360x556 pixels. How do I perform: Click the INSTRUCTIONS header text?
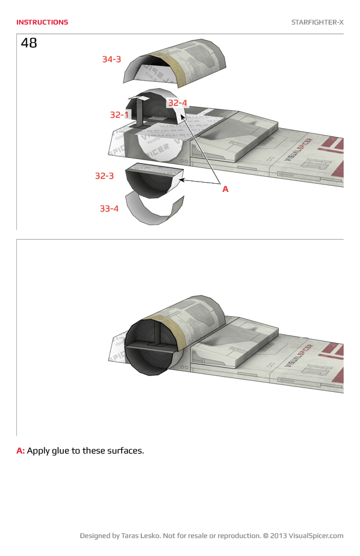coord(42,22)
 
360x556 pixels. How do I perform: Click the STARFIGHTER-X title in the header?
coord(317,22)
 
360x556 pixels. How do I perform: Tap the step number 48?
coord(29,43)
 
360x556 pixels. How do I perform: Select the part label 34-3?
coord(111,59)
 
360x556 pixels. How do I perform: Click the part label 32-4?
coord(177,102)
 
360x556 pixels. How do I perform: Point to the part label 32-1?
coord(119,115)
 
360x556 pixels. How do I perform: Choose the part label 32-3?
coord(104,176)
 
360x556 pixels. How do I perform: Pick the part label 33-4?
coord(109,208)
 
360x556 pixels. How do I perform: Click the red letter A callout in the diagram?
coord(225,189)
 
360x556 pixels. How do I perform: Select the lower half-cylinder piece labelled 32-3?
coord(153,183)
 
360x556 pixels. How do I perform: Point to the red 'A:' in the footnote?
coord(21,451)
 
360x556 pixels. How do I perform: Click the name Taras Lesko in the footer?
coord(142,536)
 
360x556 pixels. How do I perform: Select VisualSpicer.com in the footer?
coord(316,536)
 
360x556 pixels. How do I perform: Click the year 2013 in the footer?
coord(278,536)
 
